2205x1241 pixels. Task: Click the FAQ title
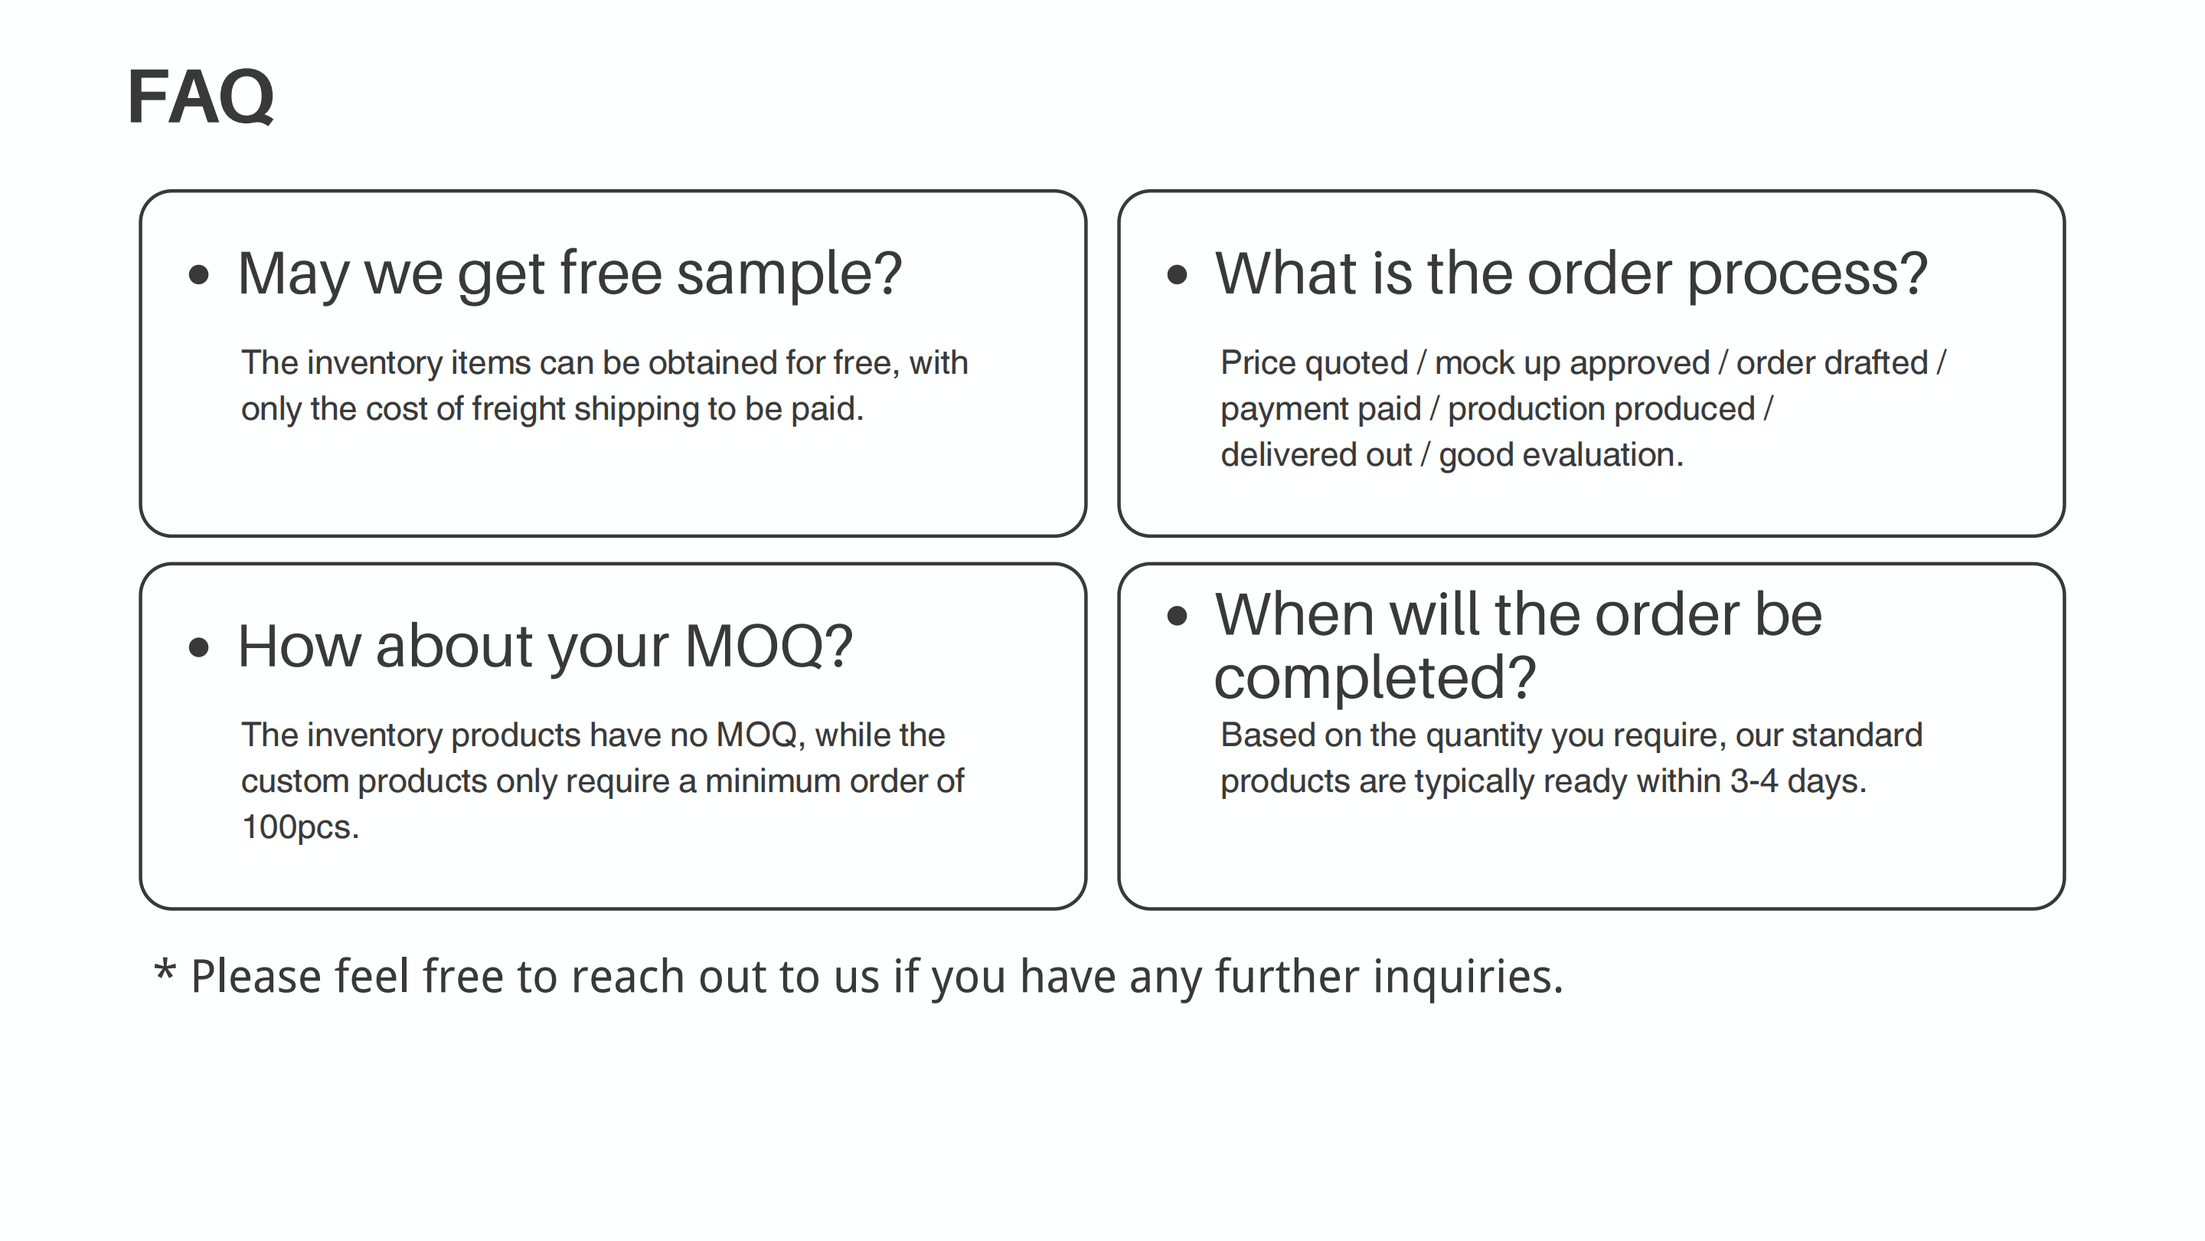coord(201,97)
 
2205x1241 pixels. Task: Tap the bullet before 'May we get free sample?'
coord(198,275)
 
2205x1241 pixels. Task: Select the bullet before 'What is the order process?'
coord(1178,275)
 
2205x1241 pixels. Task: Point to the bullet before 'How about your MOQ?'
coord(198,647)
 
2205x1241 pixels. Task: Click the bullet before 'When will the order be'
coord(1178,616)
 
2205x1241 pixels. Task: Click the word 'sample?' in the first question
coord(789,276)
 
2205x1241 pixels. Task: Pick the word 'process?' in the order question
coord(1808,276)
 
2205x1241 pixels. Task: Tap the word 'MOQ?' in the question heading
coord(769,647)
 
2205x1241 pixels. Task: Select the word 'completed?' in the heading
coord(1376,678)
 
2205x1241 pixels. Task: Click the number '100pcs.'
coord(300,827)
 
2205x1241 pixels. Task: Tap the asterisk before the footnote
coord(165,971)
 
